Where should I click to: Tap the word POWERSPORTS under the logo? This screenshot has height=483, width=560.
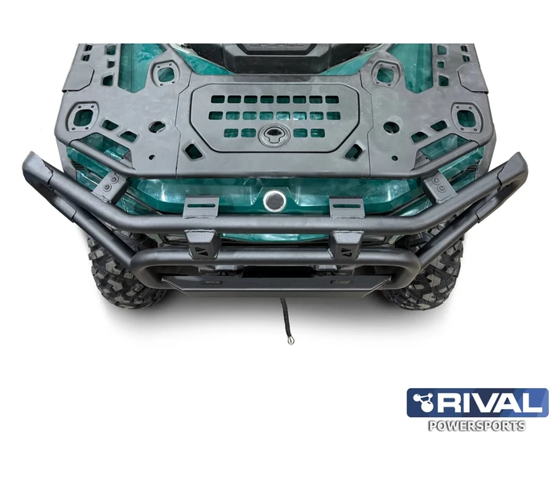(477, 426)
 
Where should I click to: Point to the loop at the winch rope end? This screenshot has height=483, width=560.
(290, 340)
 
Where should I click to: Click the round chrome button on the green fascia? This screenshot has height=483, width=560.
(274, 201)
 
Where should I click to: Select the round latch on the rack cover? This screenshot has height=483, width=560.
(274, 134)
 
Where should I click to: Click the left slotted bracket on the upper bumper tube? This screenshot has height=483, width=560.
(200, 207)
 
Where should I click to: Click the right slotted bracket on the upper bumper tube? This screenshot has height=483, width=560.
(346, 207)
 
